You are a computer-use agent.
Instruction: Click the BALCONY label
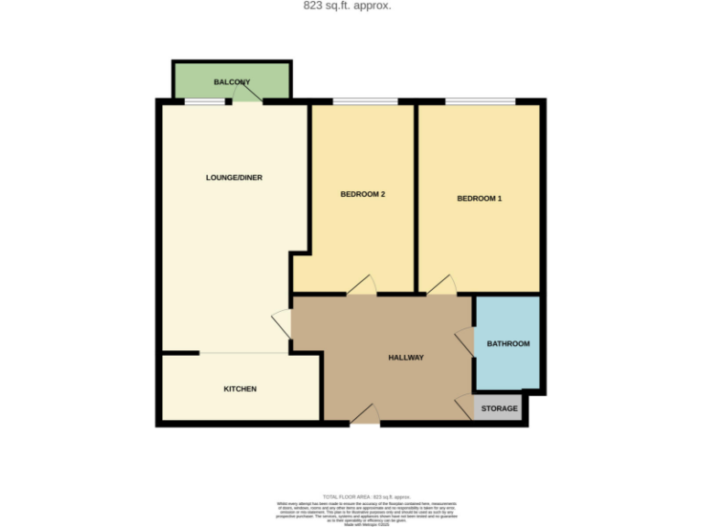[232, 82]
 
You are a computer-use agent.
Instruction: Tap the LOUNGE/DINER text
[234, 177]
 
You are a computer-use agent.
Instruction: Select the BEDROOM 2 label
[362, 194]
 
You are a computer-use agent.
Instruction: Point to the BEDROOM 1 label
[480, 199]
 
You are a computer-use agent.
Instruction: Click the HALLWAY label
[406, 358]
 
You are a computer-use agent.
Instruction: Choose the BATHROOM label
[508, 344]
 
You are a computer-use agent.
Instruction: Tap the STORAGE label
[499, 408]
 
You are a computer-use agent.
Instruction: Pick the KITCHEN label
[240, 389]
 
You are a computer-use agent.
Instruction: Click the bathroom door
[465, 341]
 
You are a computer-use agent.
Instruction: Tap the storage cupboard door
[464, 406]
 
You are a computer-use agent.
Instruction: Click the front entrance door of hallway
[365, 414]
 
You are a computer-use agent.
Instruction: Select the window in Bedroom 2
[364, 101]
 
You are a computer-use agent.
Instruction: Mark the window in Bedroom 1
[479, 101]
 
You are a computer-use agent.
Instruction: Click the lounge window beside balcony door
[205, 101]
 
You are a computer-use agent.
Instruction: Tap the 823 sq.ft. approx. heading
[347, 5]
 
